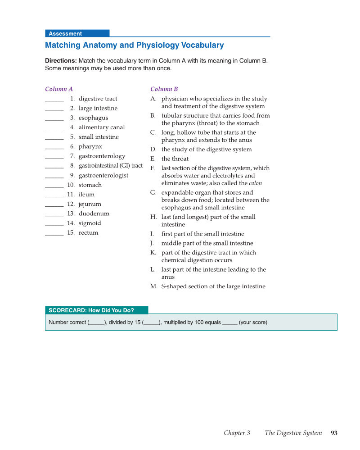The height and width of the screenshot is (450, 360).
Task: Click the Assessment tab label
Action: [65, 34]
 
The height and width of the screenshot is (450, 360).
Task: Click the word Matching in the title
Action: [63, 45]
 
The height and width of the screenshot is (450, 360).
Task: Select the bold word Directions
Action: [61, 61]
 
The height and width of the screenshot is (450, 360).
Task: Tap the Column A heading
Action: [59, 89]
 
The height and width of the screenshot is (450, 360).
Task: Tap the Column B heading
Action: [164, 89]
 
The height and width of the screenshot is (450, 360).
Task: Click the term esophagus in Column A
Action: [93, 118]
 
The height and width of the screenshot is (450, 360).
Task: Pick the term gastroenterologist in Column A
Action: [103, 176]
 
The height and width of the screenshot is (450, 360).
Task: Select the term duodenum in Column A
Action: [94, 214]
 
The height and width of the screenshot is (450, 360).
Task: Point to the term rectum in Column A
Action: [88, 233]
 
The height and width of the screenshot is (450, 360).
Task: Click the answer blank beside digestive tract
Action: [54, 100]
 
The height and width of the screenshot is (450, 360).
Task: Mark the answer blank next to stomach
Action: [54, 186]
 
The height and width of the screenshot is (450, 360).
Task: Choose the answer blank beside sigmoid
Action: [54, 225]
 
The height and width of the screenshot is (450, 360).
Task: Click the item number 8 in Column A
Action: [72, 166]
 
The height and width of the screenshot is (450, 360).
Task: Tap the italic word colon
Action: [255, 183]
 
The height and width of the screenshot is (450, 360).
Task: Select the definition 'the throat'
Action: [175, 159]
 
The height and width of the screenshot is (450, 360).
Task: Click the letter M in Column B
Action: [153, 286]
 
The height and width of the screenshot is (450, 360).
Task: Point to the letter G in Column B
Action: [153, 193]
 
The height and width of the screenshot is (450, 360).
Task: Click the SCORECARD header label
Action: [91, 310]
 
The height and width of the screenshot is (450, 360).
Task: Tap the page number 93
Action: [334, 433]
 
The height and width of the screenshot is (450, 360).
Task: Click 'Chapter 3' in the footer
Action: [237, 433]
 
